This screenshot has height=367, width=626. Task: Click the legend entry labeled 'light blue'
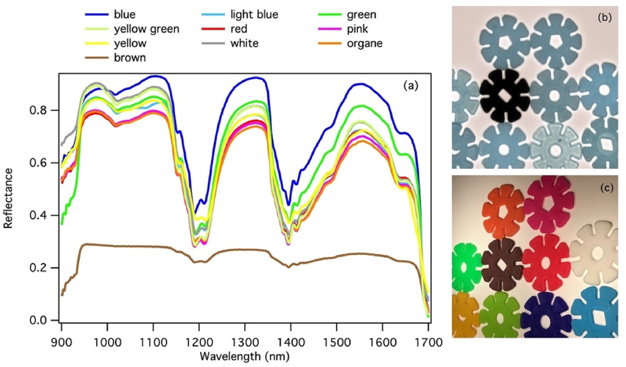point(254,15)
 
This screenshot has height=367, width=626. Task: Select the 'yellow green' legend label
point(146,29)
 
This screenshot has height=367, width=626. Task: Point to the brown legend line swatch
point(97,58)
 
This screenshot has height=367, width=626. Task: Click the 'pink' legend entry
point(357,29)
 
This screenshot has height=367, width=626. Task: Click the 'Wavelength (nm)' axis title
point(245,357)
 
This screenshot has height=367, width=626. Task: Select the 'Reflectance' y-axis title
point(8,198)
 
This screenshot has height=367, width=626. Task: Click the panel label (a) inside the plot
point(411,86)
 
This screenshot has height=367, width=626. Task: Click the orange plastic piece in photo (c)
point(503,211)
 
